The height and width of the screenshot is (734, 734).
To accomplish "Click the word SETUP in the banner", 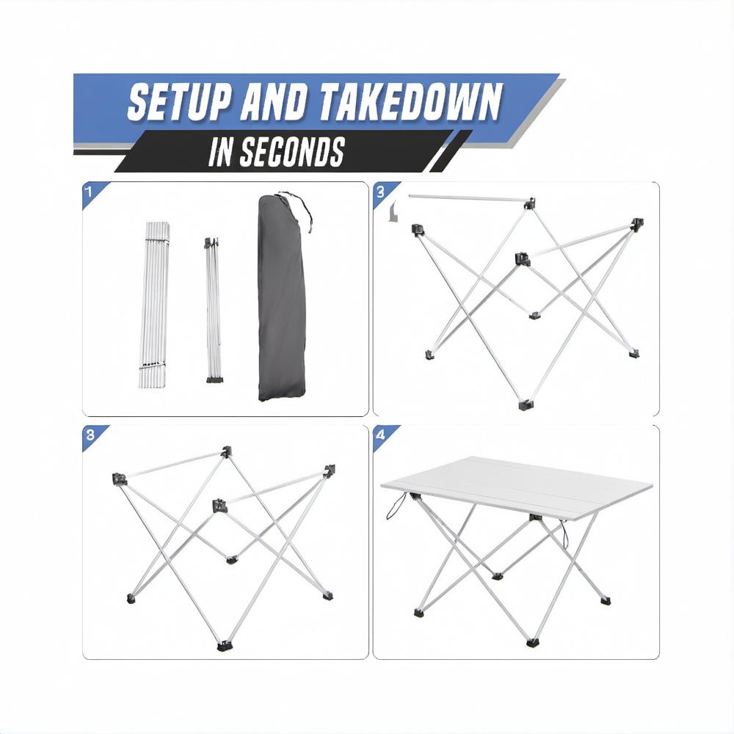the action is (x=179, y=102).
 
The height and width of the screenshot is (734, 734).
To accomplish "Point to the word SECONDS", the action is (x=292, y=152).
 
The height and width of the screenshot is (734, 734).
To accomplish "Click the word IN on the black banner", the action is (x=221, y=152).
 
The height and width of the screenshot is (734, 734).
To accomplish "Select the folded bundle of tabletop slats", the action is (x=153, y=305).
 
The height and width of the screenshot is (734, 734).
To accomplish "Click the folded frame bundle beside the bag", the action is (x=214, y=310).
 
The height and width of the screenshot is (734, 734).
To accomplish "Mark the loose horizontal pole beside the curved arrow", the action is (x=468, y=199).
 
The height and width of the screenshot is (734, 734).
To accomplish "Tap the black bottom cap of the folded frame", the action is (x=215, y=379).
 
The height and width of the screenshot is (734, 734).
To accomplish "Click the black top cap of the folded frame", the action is (x=211, y=243).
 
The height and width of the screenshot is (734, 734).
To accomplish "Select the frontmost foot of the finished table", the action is (x=533, y=643).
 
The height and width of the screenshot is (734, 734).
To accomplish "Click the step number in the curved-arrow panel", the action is (x=380, y=191).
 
